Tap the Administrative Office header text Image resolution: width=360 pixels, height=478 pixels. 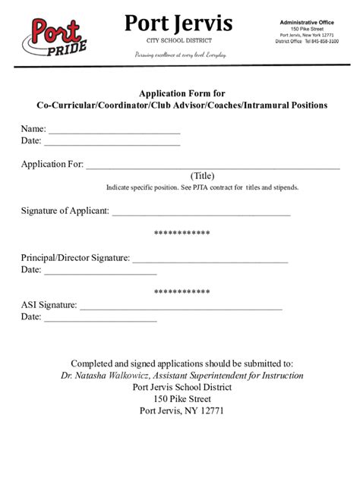[x=307, y=22]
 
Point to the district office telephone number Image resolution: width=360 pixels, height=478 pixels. [x=323, y=42]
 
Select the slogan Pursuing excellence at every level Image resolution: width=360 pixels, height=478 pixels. [x=180, y=55]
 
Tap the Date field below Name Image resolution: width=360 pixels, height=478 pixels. [x=112, y=142]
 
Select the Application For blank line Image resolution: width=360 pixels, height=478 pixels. [x=213, y=165]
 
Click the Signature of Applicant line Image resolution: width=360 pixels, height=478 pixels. [x=201, y=212]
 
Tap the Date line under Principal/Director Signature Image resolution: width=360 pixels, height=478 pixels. [x=100, y=271]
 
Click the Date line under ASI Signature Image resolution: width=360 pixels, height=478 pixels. [x=100, y=318]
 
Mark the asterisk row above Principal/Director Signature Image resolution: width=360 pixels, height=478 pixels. [x=182, y=234]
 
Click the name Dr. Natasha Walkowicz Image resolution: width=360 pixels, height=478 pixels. [x=105, y=376]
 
